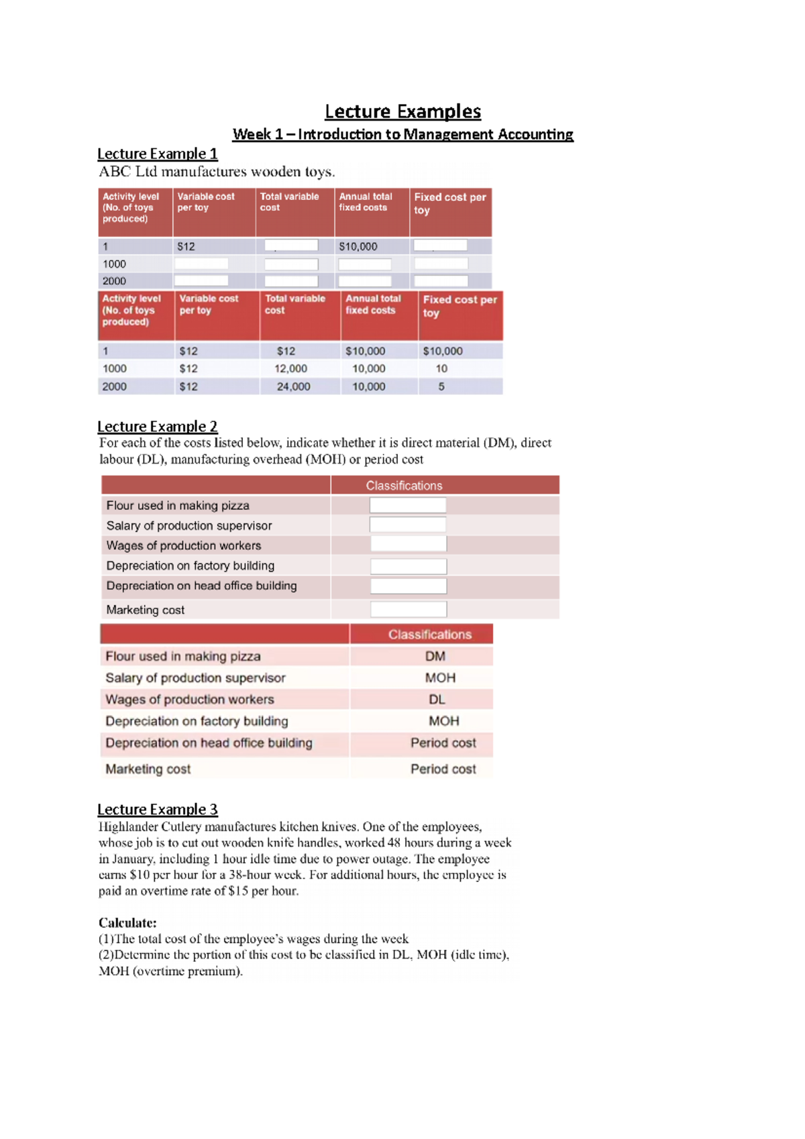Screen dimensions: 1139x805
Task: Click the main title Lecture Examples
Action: pyautogui.click(x=402, y=111)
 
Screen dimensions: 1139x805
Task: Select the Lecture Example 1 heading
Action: pyautogui.click(x=158, y=154)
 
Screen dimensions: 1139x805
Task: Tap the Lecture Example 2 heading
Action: pyautogui.click(x=158, y=427)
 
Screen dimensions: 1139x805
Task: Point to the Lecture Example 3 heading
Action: pyautogui.click(x=158, y=810)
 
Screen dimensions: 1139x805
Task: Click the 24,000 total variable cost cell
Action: pyautogui.click(x=293, y=387)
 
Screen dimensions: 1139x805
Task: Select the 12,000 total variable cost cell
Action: pyautogui.click(x=290, y=369)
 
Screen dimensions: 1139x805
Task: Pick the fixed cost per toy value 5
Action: pyautogui.click(x=441, y=387)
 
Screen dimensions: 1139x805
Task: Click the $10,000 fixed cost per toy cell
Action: pyautogui.click(x=443, y=351)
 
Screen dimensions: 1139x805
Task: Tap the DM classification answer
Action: pyautogui.click(x=435, y=657)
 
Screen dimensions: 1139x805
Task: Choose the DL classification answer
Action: pyautogui.click(x=437, y=700)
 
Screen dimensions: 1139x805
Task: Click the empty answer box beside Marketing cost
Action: pyautogui.click(x=408, y=610)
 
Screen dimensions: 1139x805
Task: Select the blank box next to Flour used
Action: pyautogui.click(x=407, y=506)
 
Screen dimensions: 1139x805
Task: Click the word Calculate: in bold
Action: pyautogui.click(x=127, y=923)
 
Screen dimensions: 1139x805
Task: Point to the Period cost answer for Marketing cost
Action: pyautogui.click(x=443, y=769)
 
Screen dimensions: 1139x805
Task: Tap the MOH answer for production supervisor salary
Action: pyautogui.click(x=440, y=678)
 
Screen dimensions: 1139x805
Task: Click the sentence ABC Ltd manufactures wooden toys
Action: pyautogui.click(x=217, y=172)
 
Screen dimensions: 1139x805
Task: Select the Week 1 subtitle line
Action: pyautogui.click(x=402, y=135)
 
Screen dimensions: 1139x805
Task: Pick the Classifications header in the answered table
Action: pyautogui.click(x=429, y=635)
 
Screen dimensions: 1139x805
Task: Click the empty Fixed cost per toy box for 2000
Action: pyautogui.click(x=441, y=281)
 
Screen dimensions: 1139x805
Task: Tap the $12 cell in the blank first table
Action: pyautogui.click(x=186, y=247)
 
